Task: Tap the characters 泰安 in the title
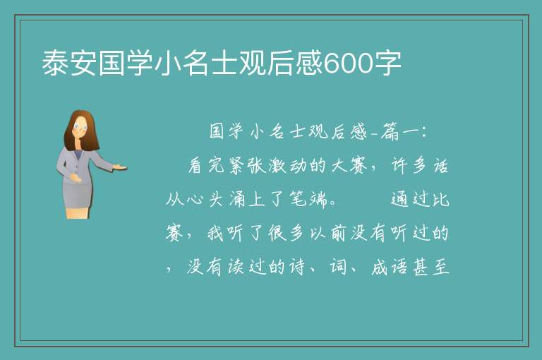(69, 63)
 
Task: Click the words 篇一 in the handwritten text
(399, 132)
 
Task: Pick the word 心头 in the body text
(205, 200)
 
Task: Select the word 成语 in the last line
(390, 267)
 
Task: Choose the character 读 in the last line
(236, 267)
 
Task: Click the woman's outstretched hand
(120, 168)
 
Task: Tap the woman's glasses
(80, 126)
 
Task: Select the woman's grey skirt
(78, 194)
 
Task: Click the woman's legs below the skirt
(78, 212)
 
